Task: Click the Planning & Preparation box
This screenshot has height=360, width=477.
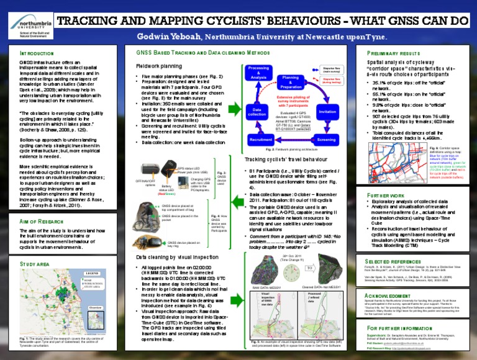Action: [290, 83]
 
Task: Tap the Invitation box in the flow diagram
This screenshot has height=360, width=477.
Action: [327, 111]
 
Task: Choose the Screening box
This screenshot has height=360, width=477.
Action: [327, 140]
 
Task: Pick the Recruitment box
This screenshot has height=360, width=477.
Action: [261, 140]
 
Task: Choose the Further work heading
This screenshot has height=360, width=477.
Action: [386, 195]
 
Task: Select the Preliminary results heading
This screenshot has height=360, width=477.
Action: [394, 54]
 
